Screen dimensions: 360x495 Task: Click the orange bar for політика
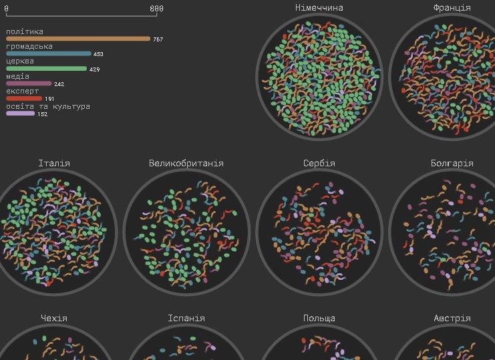78,39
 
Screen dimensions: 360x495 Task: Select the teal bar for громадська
48,53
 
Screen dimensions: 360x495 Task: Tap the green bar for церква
46,68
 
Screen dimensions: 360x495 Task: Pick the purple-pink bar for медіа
29,83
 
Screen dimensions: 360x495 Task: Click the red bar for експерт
24,98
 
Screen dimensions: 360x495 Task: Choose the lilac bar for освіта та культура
20,114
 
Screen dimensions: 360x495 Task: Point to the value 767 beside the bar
158,39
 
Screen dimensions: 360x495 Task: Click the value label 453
98,54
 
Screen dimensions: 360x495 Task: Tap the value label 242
59,84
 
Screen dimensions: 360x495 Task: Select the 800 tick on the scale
156,8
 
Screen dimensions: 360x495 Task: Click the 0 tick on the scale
6,8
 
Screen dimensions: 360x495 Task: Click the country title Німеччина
319,7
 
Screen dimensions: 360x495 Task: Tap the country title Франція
452,7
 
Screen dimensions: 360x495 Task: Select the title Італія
54,163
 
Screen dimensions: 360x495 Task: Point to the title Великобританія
186,163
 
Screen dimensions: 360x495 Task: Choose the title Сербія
319,163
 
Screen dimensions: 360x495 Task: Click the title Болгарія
452,163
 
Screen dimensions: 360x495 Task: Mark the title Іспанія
186,318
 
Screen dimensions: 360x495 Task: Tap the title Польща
319,318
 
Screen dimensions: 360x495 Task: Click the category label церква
19,61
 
